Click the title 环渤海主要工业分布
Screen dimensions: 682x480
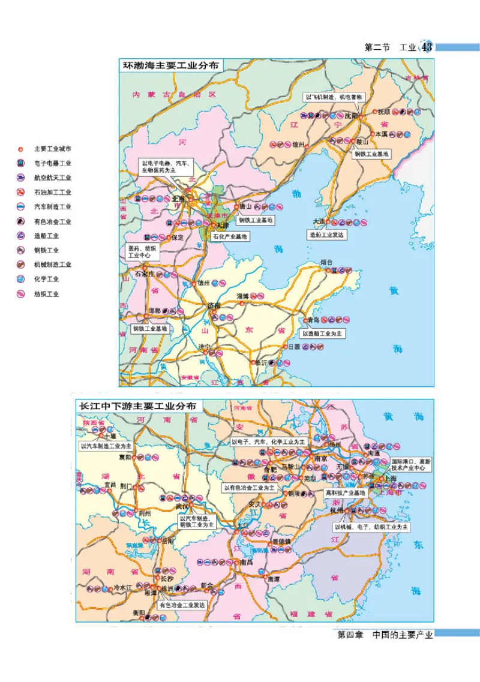pos(170,65)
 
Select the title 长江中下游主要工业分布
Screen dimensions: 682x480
pos(137,405)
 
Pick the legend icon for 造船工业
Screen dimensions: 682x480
pos(21,236)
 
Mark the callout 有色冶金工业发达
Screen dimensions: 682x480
pos(182,605)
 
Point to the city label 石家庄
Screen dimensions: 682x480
pos(144,274)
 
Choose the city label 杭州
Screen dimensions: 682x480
pos(337,509)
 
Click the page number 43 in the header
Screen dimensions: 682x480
pos(427,47)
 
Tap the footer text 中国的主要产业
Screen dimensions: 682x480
pos(402,635)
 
